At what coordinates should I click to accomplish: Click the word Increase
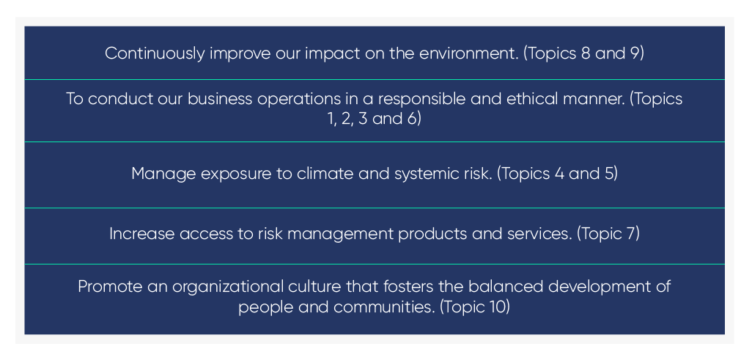[141, 234]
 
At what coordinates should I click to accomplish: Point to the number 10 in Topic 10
[494, 306]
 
